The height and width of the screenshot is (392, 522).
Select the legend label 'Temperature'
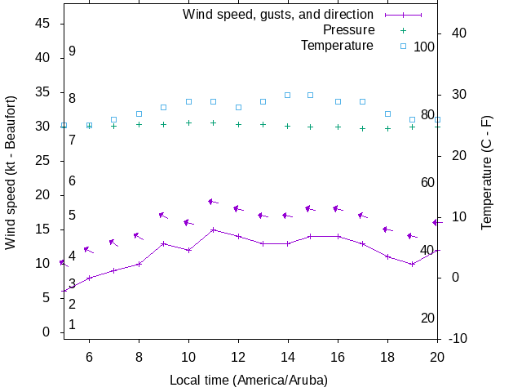[x=337, y=45]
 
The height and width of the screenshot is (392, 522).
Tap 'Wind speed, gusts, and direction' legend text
[x=278, y=15]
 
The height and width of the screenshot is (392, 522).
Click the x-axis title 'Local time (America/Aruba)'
[x=249, y=380]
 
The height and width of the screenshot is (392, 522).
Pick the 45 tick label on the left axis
[x=44, y=24]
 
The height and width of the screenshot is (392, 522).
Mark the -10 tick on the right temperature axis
[x=458, y=338]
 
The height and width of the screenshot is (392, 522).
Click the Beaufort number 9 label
[x=72, y=51]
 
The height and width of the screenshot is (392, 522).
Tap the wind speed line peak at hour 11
[x=213, y=229]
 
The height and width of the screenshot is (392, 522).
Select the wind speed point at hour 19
[x=413, y=264]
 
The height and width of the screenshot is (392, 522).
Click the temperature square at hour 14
[x=288, y=95]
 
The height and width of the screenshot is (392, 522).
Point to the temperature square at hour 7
[x=114, y=119]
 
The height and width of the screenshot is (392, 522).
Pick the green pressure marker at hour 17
[x=363, y=128]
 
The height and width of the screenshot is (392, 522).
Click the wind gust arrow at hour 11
[x=214, y=202]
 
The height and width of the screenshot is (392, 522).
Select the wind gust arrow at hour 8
[x=139, y=237]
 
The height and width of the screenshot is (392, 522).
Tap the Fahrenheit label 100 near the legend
[x=424, y=47]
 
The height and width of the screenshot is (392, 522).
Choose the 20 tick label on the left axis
[x=44, y=195]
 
